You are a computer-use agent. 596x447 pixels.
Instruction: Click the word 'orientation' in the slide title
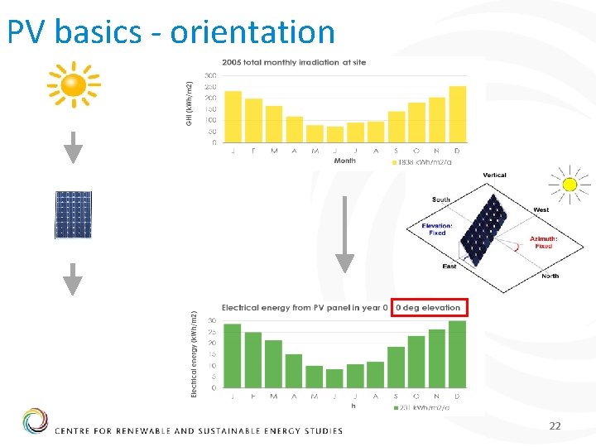click(252, 31)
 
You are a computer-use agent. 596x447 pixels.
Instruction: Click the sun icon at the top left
click(73, 85)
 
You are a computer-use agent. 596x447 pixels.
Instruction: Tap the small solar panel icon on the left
click(74, 215)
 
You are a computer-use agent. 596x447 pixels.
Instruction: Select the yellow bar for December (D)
click(457, 114)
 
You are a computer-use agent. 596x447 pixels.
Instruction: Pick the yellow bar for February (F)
click(253, 121)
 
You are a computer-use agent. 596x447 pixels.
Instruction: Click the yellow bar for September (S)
click(396, 127)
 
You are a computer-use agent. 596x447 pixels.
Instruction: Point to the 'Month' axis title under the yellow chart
click(344, 161)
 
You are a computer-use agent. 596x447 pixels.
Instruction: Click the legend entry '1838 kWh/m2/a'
click(420, 162)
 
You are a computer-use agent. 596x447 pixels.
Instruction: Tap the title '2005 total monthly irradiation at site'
click(293, 63)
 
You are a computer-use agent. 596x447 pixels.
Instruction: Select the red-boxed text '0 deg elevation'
click(428, 308)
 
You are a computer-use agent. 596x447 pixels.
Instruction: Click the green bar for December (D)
click(457, 354)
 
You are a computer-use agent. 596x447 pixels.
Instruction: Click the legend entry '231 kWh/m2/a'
click(421, 406)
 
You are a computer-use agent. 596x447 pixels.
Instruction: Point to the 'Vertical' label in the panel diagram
click(494, 175)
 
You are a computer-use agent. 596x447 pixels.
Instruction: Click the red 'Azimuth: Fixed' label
click(543, 242)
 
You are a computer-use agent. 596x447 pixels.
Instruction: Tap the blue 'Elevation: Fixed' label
click(436, 229)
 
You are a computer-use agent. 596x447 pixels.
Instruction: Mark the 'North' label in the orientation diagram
click(550, 276)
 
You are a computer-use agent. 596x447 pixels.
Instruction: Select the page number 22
click(555, 425)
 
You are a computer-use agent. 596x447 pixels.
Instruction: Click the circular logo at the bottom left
click(36, 421)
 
